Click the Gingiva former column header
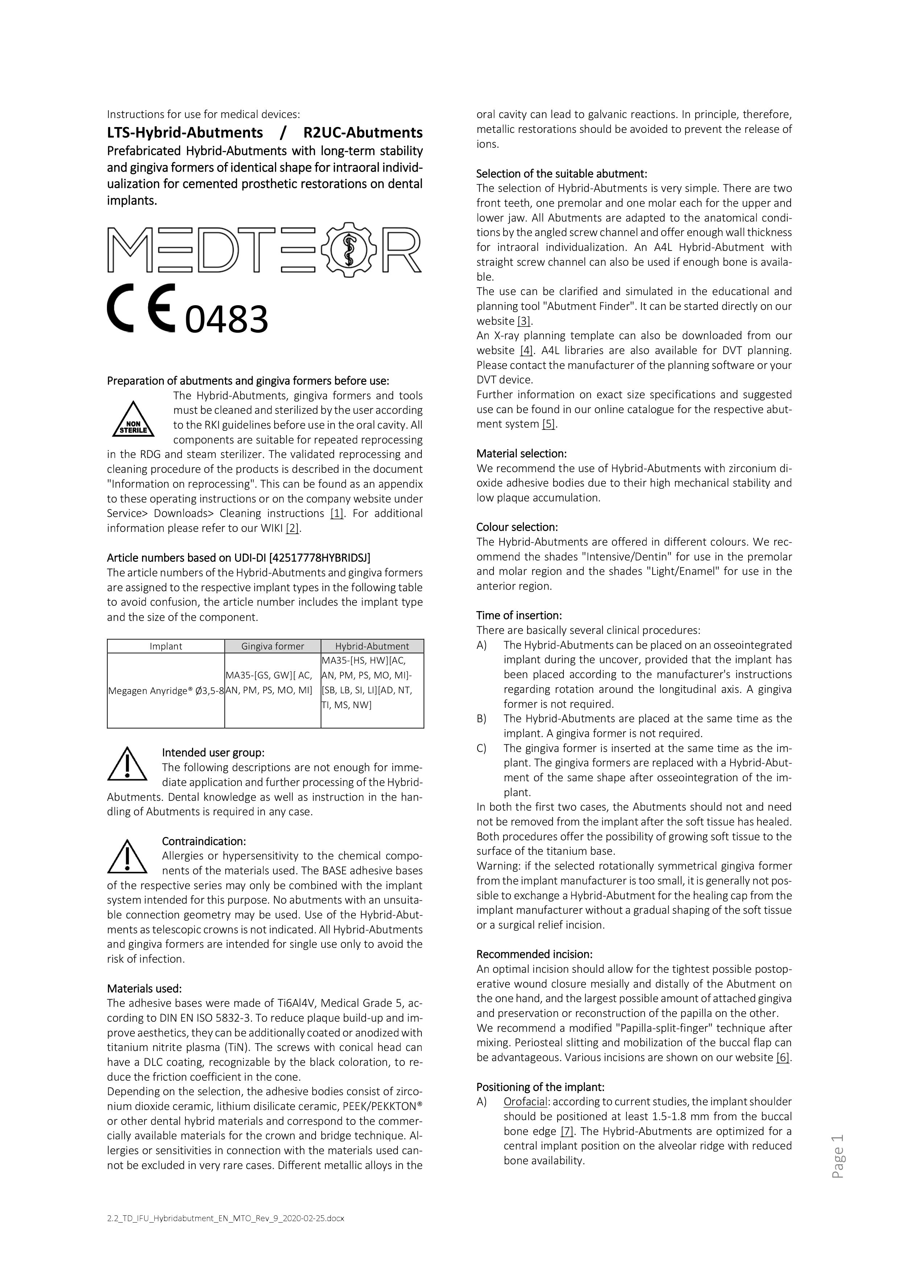click(x=272, y=646)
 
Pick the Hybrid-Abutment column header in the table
click(x=372, y=646)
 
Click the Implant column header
click(x=166, y=646)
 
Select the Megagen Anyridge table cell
click(x=166, y=690)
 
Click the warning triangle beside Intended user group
click(x=127, y=764)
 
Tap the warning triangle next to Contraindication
click(x=127, y=856)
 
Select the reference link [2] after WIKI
click(x=292, y=528)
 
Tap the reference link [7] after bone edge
click(x=567, y=1131)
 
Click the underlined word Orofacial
click(x=525, y=1102)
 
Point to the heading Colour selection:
click(x=517, y=527)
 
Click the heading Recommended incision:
click(x=534, y=954)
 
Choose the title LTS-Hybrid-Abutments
click(x=185, y=133)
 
